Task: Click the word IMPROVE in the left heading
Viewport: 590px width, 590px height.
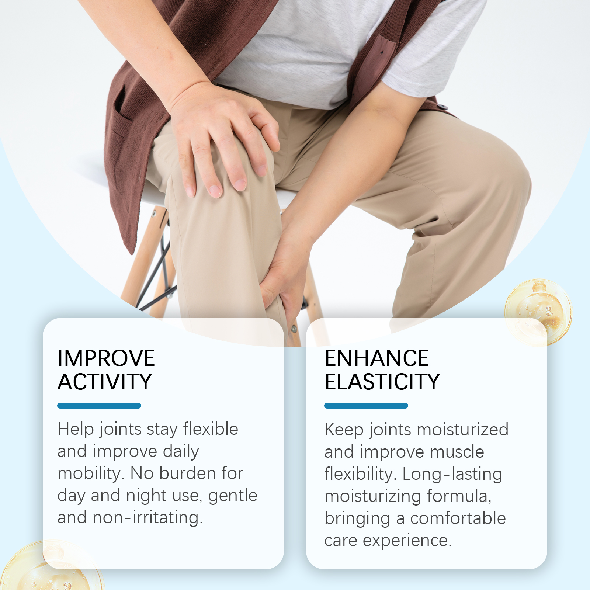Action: [x=106, y=358]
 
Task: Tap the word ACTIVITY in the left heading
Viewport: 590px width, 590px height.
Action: [x=105, y=382]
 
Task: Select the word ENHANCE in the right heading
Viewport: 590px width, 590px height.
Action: [x=376, y=358]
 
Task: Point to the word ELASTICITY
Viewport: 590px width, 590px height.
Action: [x=382, y=382]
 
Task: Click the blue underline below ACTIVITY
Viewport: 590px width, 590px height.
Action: [x=99, y=406]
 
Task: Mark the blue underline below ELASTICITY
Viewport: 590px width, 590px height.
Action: [x=366, y=406]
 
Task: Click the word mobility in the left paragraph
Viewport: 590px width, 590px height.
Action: [x=88, y=473]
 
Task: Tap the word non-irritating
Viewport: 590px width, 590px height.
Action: [x=147, y=518]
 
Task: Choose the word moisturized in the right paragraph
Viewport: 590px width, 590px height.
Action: [x=463, y=430]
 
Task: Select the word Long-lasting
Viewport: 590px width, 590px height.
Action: [x=452, y=474]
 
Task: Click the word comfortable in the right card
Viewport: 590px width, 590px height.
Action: [x=458, y=518]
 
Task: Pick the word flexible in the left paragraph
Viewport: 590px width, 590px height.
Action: [x=211, y=429]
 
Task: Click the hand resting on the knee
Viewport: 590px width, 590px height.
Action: [x=221, y=140]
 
